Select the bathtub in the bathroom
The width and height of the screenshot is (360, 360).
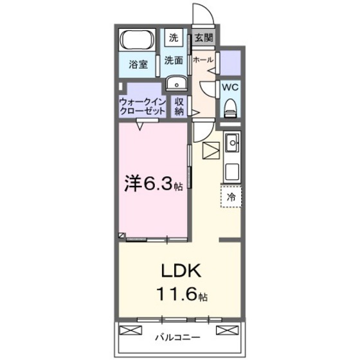point(136,42)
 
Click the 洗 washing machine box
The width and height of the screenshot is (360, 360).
point(174,38)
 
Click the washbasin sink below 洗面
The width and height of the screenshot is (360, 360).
point(174,84)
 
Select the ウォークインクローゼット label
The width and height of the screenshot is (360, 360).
point(142,107)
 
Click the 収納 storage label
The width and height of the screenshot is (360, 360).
point(179,107)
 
